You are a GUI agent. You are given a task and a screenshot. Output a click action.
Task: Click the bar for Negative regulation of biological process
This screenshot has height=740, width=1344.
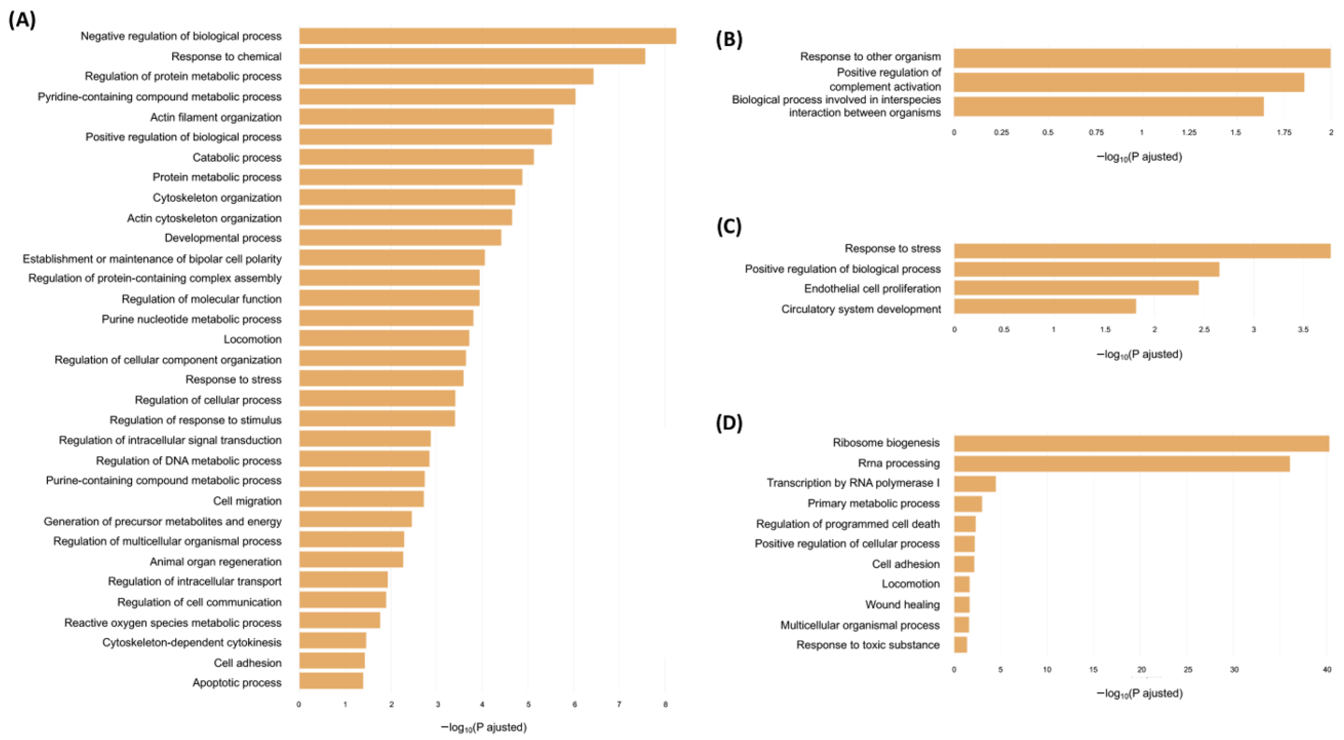coord(488,36)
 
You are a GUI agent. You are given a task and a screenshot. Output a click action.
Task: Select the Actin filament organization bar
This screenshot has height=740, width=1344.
coord(426,117)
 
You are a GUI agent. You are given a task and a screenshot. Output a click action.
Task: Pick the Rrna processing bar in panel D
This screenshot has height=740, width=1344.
coord(1122,464)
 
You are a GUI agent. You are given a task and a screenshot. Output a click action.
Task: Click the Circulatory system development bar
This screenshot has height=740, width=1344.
coord(1045,306)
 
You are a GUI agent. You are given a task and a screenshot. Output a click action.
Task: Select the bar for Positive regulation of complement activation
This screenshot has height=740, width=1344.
coord(1129,82)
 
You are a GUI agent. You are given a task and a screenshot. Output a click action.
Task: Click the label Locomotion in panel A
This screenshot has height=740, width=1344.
coord(253,339)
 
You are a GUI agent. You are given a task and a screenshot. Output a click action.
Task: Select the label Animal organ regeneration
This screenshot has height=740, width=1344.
coord(216,562)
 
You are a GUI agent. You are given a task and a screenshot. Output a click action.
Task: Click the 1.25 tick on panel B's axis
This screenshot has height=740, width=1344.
coord(1189,133)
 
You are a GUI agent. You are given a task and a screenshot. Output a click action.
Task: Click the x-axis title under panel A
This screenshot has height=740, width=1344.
coord(484,727)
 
